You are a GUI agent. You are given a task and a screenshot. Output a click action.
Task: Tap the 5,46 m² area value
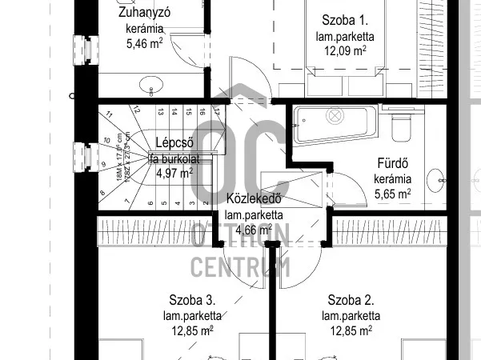tap(144, 44)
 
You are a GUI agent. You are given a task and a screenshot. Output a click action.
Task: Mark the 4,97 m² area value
tap(174, 173)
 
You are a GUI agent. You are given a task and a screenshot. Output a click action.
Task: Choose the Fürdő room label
tap(393, 165)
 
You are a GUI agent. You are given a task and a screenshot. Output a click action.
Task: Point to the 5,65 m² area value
tap(393, 193)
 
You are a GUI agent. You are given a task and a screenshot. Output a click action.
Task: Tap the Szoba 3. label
tap(190, 300)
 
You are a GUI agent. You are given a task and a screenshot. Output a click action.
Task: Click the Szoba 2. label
tap(351, 300)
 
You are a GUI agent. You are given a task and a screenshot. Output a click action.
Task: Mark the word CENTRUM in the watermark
tap(240, 267)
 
